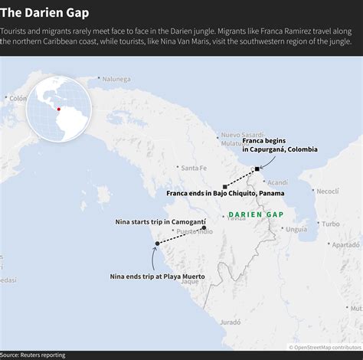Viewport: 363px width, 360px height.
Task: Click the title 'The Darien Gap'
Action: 44,13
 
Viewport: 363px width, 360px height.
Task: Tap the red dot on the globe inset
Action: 58,109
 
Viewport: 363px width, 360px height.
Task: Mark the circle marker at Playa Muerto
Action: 157,244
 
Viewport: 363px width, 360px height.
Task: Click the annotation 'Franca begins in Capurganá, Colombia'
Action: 280,145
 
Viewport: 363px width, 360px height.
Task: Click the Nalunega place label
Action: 116,78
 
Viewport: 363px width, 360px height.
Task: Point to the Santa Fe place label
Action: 193,168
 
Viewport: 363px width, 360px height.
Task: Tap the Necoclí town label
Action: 327,191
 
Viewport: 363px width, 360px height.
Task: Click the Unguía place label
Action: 296,229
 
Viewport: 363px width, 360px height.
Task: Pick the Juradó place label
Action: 230,322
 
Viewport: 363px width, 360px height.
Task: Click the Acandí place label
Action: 277,182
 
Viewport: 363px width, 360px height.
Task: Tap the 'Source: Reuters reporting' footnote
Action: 33,355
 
